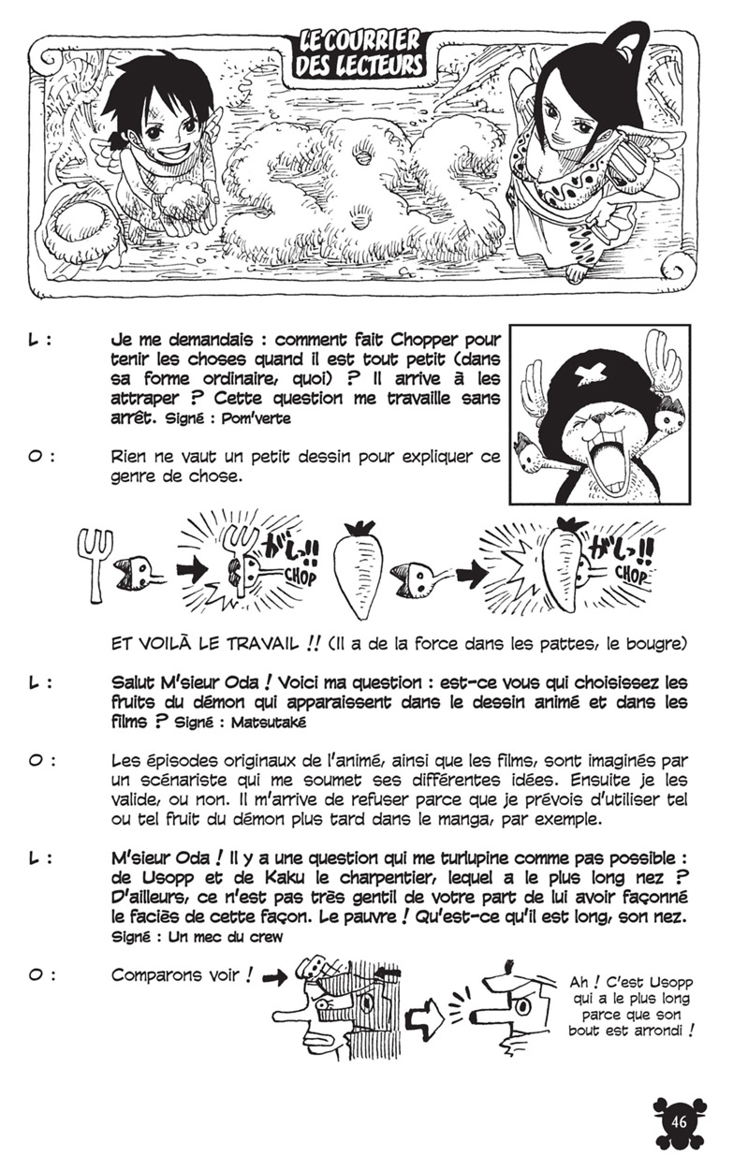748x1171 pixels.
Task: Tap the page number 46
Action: coord(680,1123)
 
